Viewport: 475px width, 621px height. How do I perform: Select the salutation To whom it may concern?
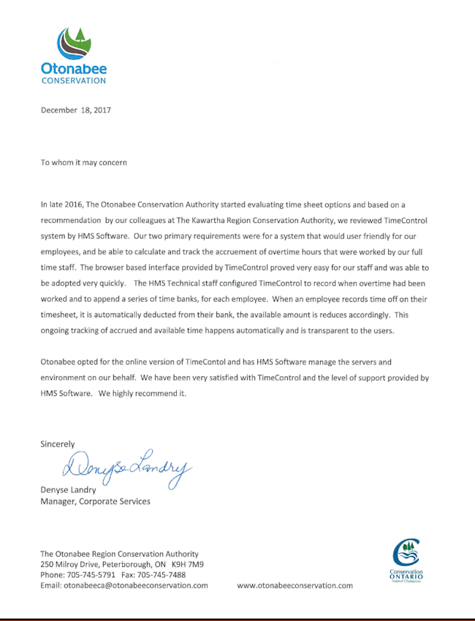[83, 162]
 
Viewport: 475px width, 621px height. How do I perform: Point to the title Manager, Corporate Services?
[95, 501]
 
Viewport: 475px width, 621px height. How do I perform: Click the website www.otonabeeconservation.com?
[295, 585]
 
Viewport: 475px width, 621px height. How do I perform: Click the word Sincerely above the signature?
[58, 443]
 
